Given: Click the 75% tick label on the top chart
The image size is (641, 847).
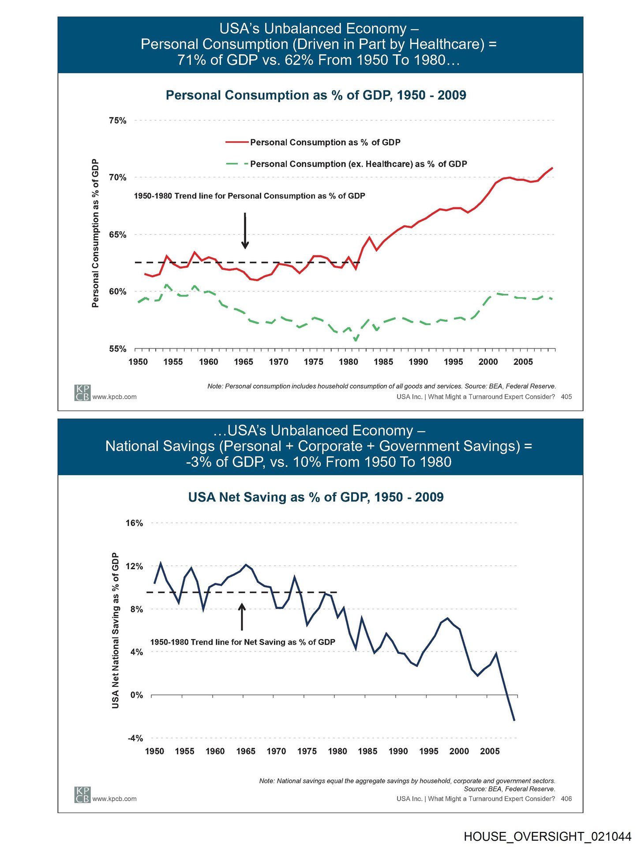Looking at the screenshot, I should [117, 121].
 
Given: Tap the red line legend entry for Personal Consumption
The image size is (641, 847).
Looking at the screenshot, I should [313, 142].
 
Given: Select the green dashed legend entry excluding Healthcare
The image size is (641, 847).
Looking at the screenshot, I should [346, 164].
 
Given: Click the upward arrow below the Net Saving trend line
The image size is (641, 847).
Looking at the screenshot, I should [242, 616].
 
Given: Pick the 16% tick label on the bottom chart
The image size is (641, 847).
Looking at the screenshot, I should [134, 523].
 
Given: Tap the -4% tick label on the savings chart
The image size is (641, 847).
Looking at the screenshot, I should [135, 738].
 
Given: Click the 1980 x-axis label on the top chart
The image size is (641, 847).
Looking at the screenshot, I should [349, 362].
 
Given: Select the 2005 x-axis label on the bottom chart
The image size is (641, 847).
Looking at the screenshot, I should [490, 751].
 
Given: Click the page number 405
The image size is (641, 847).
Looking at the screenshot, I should [566, 397].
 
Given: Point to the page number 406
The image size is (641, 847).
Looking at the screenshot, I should [566, 799].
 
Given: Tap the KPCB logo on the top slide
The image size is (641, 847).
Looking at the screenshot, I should [82, 393].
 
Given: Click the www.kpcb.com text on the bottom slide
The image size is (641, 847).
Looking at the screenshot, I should [114, 799].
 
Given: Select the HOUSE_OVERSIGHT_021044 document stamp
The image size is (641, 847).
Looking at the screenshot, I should [547, 836].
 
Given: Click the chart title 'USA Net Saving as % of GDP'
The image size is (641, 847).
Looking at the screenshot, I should [316, 497].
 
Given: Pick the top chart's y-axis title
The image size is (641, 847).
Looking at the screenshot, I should [95, 233].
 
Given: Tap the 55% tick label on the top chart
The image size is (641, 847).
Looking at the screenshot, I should [117, 349].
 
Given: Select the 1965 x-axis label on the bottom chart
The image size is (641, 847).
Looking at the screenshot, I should [246, 751].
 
